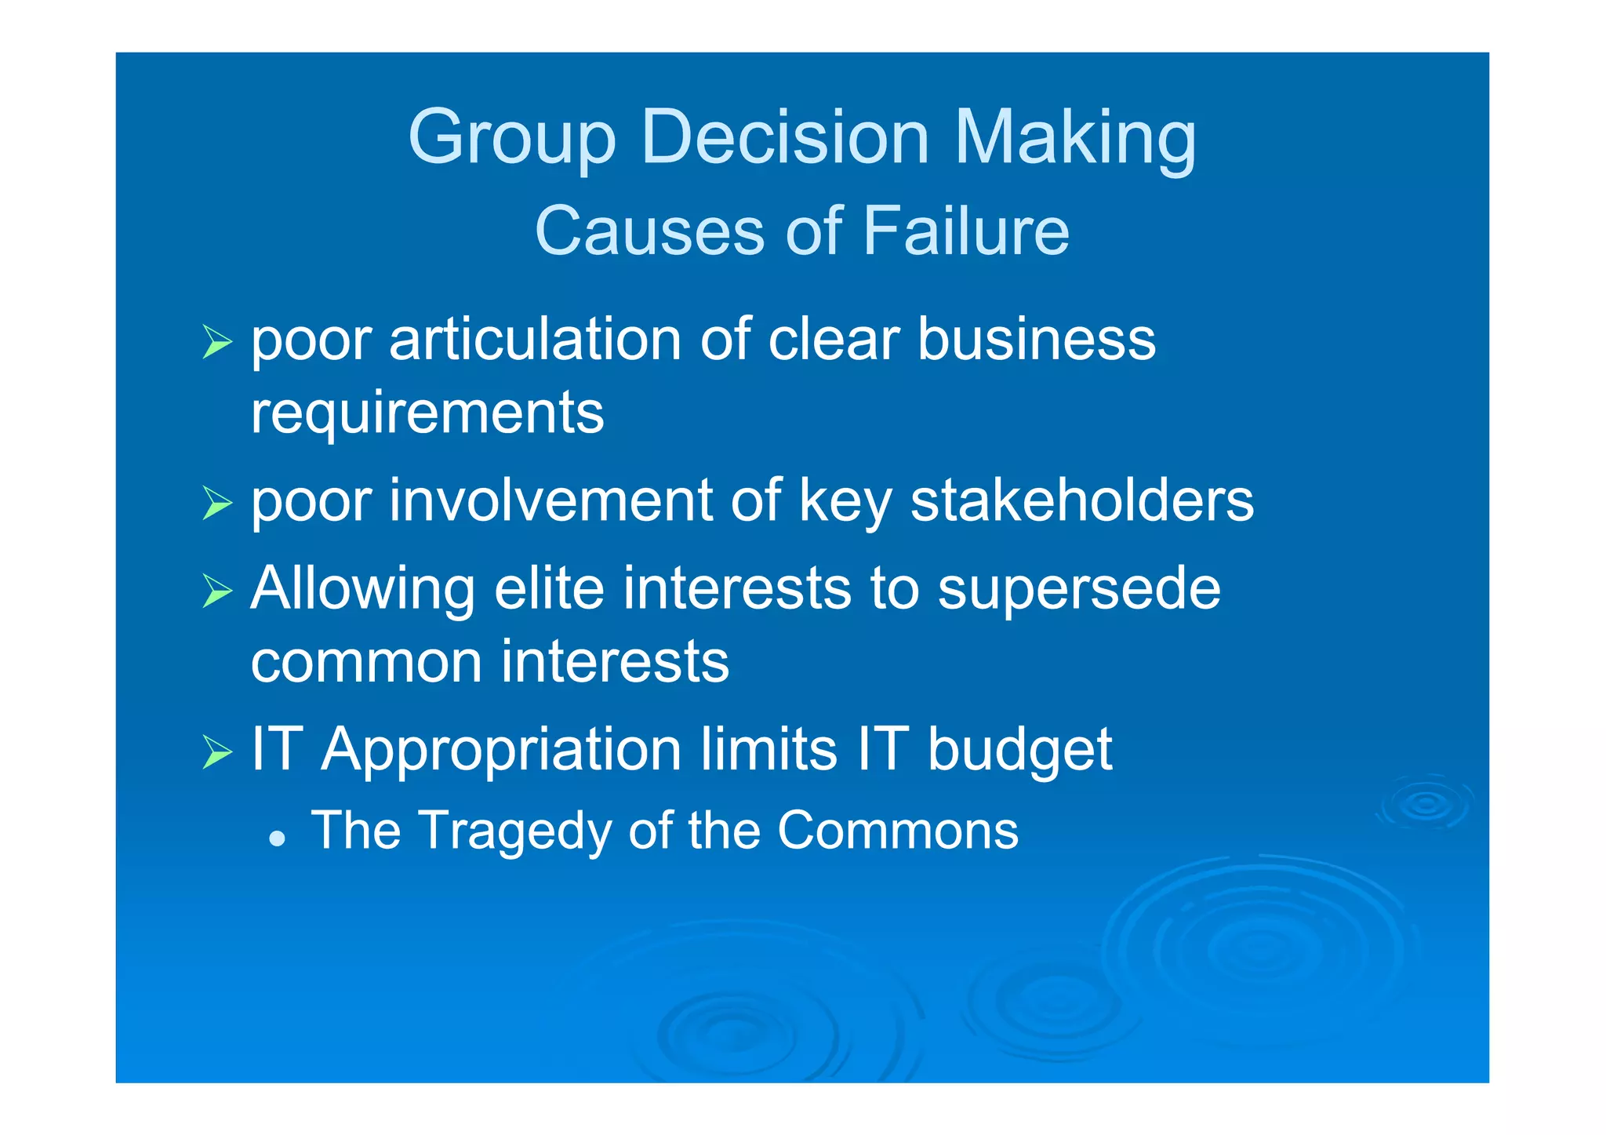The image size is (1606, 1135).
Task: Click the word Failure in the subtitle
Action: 966,231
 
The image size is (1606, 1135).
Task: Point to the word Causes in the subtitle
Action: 649,231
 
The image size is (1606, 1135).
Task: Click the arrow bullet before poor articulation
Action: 217,341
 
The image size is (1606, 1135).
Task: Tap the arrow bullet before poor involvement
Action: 217,502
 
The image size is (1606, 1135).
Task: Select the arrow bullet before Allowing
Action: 217,590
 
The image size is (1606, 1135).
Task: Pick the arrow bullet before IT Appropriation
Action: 217,751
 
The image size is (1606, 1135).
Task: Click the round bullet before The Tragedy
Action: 276,839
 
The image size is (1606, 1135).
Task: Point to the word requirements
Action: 427,413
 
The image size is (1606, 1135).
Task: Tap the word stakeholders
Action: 1082,500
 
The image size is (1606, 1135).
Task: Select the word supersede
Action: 1079,590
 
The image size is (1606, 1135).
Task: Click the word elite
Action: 549,588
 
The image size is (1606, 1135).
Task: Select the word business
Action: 1036,340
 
